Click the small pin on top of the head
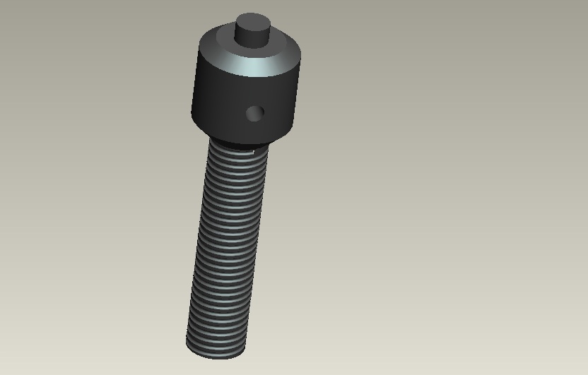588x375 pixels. (x=252, y=32)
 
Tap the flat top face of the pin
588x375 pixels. (x=253, y=22)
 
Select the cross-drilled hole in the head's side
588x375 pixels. (x=254, y=112)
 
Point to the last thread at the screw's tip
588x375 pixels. (x=217, y=343)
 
